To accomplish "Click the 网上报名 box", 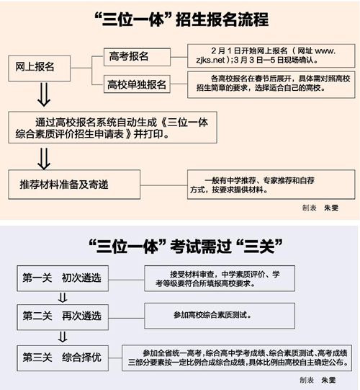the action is pyautogui.click(x=40, y=68).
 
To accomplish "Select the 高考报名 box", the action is pyautogui.click(x=137, y=57).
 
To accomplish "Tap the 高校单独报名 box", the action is pyautogui.click(x=137, y=84).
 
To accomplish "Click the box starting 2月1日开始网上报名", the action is pyautogui.click(x=271, y=56).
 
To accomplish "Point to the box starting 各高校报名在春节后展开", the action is pyautogui.click(x=271, y=84).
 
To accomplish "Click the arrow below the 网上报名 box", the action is pyautogui.click(x=44, y=94).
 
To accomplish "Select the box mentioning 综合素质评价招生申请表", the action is pyautogui.click(x=112, y=128).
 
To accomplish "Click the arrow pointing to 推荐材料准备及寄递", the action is pyautogui.click(x=44, y=159).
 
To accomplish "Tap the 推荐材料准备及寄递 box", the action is pyautogui.click(x=74, y=185).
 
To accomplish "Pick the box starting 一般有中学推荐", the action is pyautogui.click(x=271, y=185).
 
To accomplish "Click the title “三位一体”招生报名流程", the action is pyautogui.click(x=181, y=19).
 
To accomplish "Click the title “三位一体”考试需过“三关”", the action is pyautogui.click(x=186, y=247).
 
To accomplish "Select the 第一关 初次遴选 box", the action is pyautogui.click(x=63, y=278).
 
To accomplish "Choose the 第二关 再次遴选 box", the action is pyautogui.click(x=63, y=317).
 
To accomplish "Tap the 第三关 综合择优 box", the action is pyautogui.click(x=63, y=358).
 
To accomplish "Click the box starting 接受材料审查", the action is pyautogui.click(x=220, y=278).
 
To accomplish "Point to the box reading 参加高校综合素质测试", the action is pyautogui.click(x=220, y=316).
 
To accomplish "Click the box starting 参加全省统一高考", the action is pyautogui.click(x=237, y=358).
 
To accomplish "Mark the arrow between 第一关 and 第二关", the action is pyautogui.click(x=63, y=298).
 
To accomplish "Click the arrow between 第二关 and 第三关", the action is pyautogui.click(x=63, y=337).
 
